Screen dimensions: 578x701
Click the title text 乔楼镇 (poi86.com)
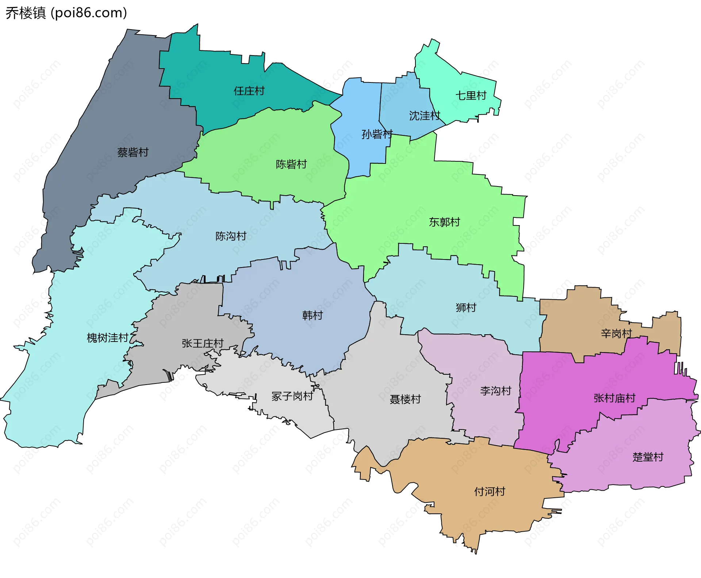66,13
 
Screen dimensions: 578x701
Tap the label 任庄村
249,91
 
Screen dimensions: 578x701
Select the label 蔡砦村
133,153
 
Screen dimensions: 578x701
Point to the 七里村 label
471,96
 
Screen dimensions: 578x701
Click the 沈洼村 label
425,116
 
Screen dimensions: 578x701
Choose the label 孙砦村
377,134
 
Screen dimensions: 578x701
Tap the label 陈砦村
291,165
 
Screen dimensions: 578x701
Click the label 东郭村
444,222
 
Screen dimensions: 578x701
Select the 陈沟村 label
231,236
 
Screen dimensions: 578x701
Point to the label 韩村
313,315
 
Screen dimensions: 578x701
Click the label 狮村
466,308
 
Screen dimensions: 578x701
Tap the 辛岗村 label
616,334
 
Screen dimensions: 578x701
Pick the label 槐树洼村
108,338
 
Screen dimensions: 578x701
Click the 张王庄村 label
203,343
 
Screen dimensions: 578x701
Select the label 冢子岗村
292,396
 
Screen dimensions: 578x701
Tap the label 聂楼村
405,399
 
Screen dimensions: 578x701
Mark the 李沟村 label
495,391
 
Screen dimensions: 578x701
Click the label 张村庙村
614,398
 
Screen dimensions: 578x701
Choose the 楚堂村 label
648,457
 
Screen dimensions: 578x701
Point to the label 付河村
490,492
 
